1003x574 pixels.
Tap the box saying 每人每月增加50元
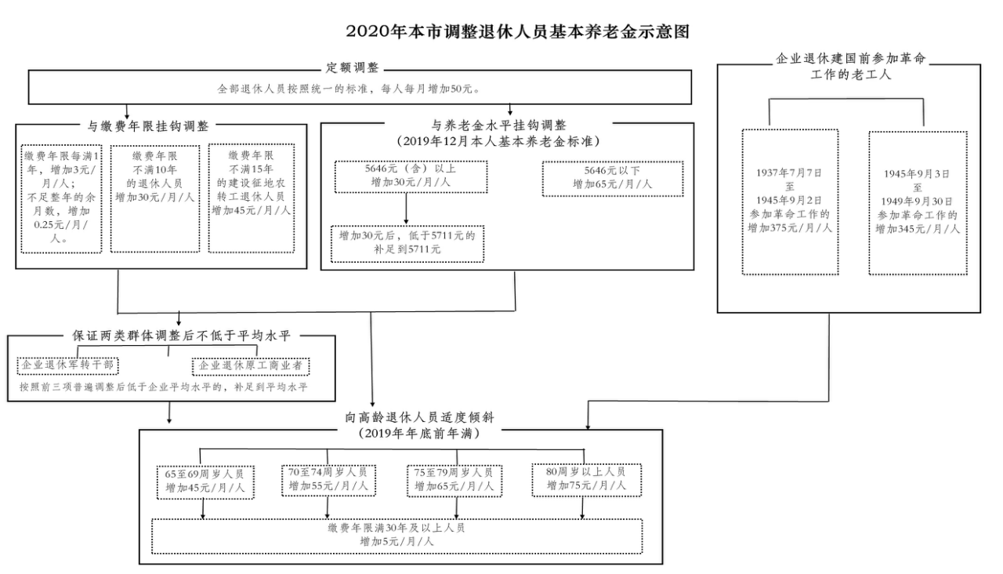360,89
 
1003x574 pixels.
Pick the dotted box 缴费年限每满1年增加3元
61,198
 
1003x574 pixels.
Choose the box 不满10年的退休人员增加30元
154,198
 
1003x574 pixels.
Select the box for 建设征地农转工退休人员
251,198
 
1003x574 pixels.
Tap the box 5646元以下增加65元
612,178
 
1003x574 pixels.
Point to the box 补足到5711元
407,242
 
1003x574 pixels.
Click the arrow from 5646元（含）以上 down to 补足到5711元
406,208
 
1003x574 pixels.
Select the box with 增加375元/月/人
790,202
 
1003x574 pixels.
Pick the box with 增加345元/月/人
918,202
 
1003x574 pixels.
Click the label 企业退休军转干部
67,365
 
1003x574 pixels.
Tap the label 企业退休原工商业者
251,366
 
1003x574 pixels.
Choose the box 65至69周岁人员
205,481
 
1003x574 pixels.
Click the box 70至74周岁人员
328,479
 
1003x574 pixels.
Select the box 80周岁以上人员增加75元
586,479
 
